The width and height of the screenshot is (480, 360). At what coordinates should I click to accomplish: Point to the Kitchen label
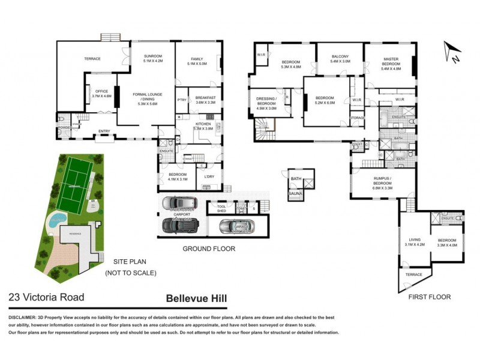[203, 126]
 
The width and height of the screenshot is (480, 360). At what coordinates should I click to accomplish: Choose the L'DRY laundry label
[209, 176]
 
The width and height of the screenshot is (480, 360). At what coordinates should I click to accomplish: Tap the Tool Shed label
[213, 208]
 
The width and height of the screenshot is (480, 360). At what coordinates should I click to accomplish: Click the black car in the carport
[180, 225]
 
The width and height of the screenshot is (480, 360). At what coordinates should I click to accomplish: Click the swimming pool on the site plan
[58, 218]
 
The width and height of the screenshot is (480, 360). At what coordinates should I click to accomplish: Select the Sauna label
[295, 193]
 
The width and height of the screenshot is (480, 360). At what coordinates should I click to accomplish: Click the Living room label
[415, 242]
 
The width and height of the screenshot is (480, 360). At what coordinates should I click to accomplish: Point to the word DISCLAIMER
[24, 316]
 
